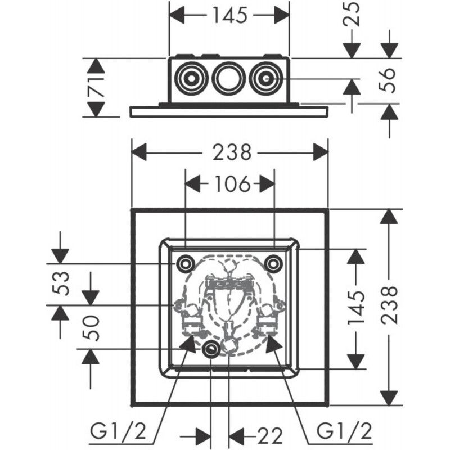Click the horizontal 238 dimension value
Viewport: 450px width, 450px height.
[231, 152]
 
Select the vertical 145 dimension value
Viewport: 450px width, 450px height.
[354, 309]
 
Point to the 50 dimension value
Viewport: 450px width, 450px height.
[92, 327]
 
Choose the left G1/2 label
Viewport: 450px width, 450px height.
[118, 433]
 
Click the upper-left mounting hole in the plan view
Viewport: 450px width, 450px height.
[184, 263]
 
